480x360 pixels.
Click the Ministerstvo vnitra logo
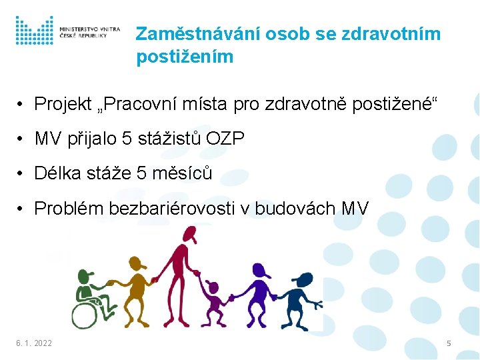67,31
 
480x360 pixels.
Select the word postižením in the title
185,57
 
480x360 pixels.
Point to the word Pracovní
143,105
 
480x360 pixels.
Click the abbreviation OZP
225,139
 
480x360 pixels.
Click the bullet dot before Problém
22,209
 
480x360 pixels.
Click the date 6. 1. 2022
34,343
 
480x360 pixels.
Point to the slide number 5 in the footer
449,343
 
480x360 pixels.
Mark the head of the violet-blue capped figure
260,272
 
